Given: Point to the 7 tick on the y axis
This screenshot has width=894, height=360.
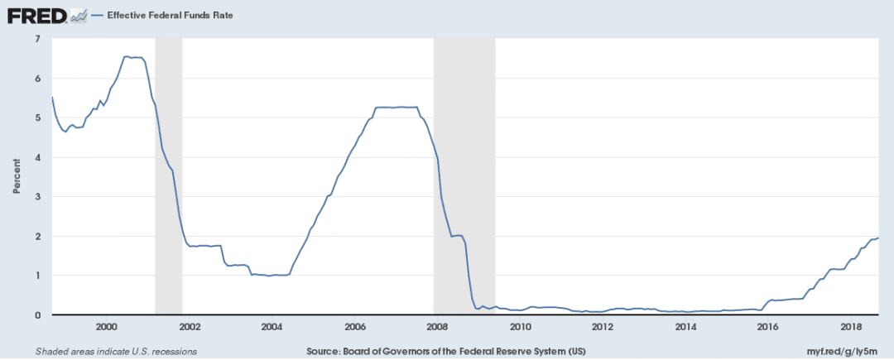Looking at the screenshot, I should click(38, 39).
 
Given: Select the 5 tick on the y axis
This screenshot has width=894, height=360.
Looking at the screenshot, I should click(38, 118).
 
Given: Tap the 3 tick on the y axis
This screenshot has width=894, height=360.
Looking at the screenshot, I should click(38, 196).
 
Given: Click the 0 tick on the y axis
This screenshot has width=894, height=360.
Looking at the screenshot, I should click(38, 314).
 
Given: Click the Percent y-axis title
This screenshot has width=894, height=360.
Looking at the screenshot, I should click(16, 177).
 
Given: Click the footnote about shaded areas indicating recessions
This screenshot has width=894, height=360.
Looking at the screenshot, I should click(116, 351).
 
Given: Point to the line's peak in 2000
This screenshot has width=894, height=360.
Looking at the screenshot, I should click(126, 56).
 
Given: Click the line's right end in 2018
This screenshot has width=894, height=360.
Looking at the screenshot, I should click(878, 238).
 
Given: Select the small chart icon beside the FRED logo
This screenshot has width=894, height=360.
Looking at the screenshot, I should click(79, 16).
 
